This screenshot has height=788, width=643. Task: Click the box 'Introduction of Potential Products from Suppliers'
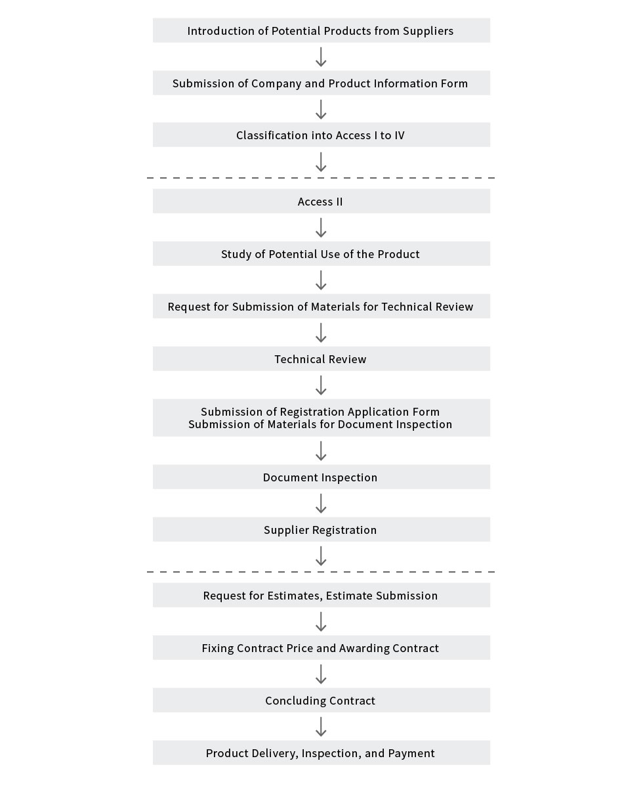[x=321, y=30]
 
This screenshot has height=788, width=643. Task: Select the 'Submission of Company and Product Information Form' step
[x=321, y=83]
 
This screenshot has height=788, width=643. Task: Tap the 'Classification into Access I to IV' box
[x=321, y=135]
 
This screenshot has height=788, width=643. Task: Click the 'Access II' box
[x=321, y=201]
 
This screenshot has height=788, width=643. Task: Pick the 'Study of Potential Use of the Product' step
[x=321, y=253]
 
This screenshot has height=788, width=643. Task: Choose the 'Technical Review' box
[x=321, y=359]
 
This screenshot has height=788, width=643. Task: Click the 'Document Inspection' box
[x=321, y=477]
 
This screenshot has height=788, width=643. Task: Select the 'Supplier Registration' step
[x=321, y=529]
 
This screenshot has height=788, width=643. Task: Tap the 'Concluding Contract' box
[x=321, y=700]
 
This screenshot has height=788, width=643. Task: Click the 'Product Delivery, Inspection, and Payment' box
[x=321, y=753]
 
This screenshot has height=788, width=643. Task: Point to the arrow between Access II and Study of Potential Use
[x=321, y=228]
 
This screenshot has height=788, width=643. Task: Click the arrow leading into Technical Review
[x=321, y=332]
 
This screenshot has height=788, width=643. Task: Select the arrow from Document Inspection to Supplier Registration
[x=321, y=503]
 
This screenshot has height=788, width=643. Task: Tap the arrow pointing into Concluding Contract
[x=321, y=674]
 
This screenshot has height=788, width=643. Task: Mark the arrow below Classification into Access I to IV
[x=321, y=162]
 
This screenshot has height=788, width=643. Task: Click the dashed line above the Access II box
[x=321, y=178]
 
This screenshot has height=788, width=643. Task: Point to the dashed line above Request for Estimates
[x=321, y=572]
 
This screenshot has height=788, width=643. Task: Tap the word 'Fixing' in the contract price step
[x=218, y=648]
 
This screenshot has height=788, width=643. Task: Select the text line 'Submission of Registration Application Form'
[x=320, y=412]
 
